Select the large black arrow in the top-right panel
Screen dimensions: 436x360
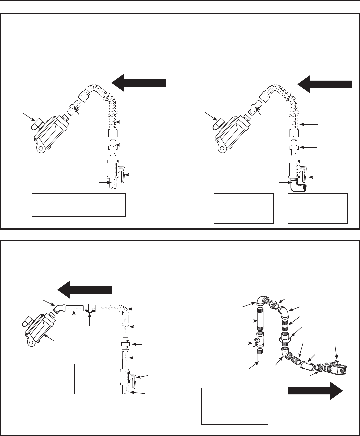tap(324, 84)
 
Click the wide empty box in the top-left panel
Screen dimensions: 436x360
tap(79, 205)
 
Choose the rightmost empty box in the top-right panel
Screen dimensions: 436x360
tap(318, 208)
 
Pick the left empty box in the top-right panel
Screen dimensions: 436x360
tap(243, 208)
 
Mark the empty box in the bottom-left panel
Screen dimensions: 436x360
tap(47, 379)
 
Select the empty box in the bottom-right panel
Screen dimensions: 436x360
tap(235, 406)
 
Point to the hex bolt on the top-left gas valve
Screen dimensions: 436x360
tap(40, 148)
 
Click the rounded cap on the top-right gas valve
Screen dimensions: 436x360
tap(217, 124)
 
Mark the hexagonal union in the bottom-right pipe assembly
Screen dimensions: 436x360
tap(285, 336)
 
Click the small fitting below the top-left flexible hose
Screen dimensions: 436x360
tap(113, 148)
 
